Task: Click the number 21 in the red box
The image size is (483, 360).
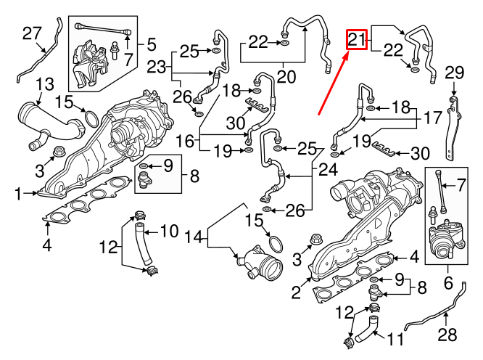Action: pos(357,40)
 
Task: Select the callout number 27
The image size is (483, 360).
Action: pos(32,33)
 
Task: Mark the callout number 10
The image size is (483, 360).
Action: pos(168,232)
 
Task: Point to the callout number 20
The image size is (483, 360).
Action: pos(286,75)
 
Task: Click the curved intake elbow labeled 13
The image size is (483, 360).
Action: pos(47,123)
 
